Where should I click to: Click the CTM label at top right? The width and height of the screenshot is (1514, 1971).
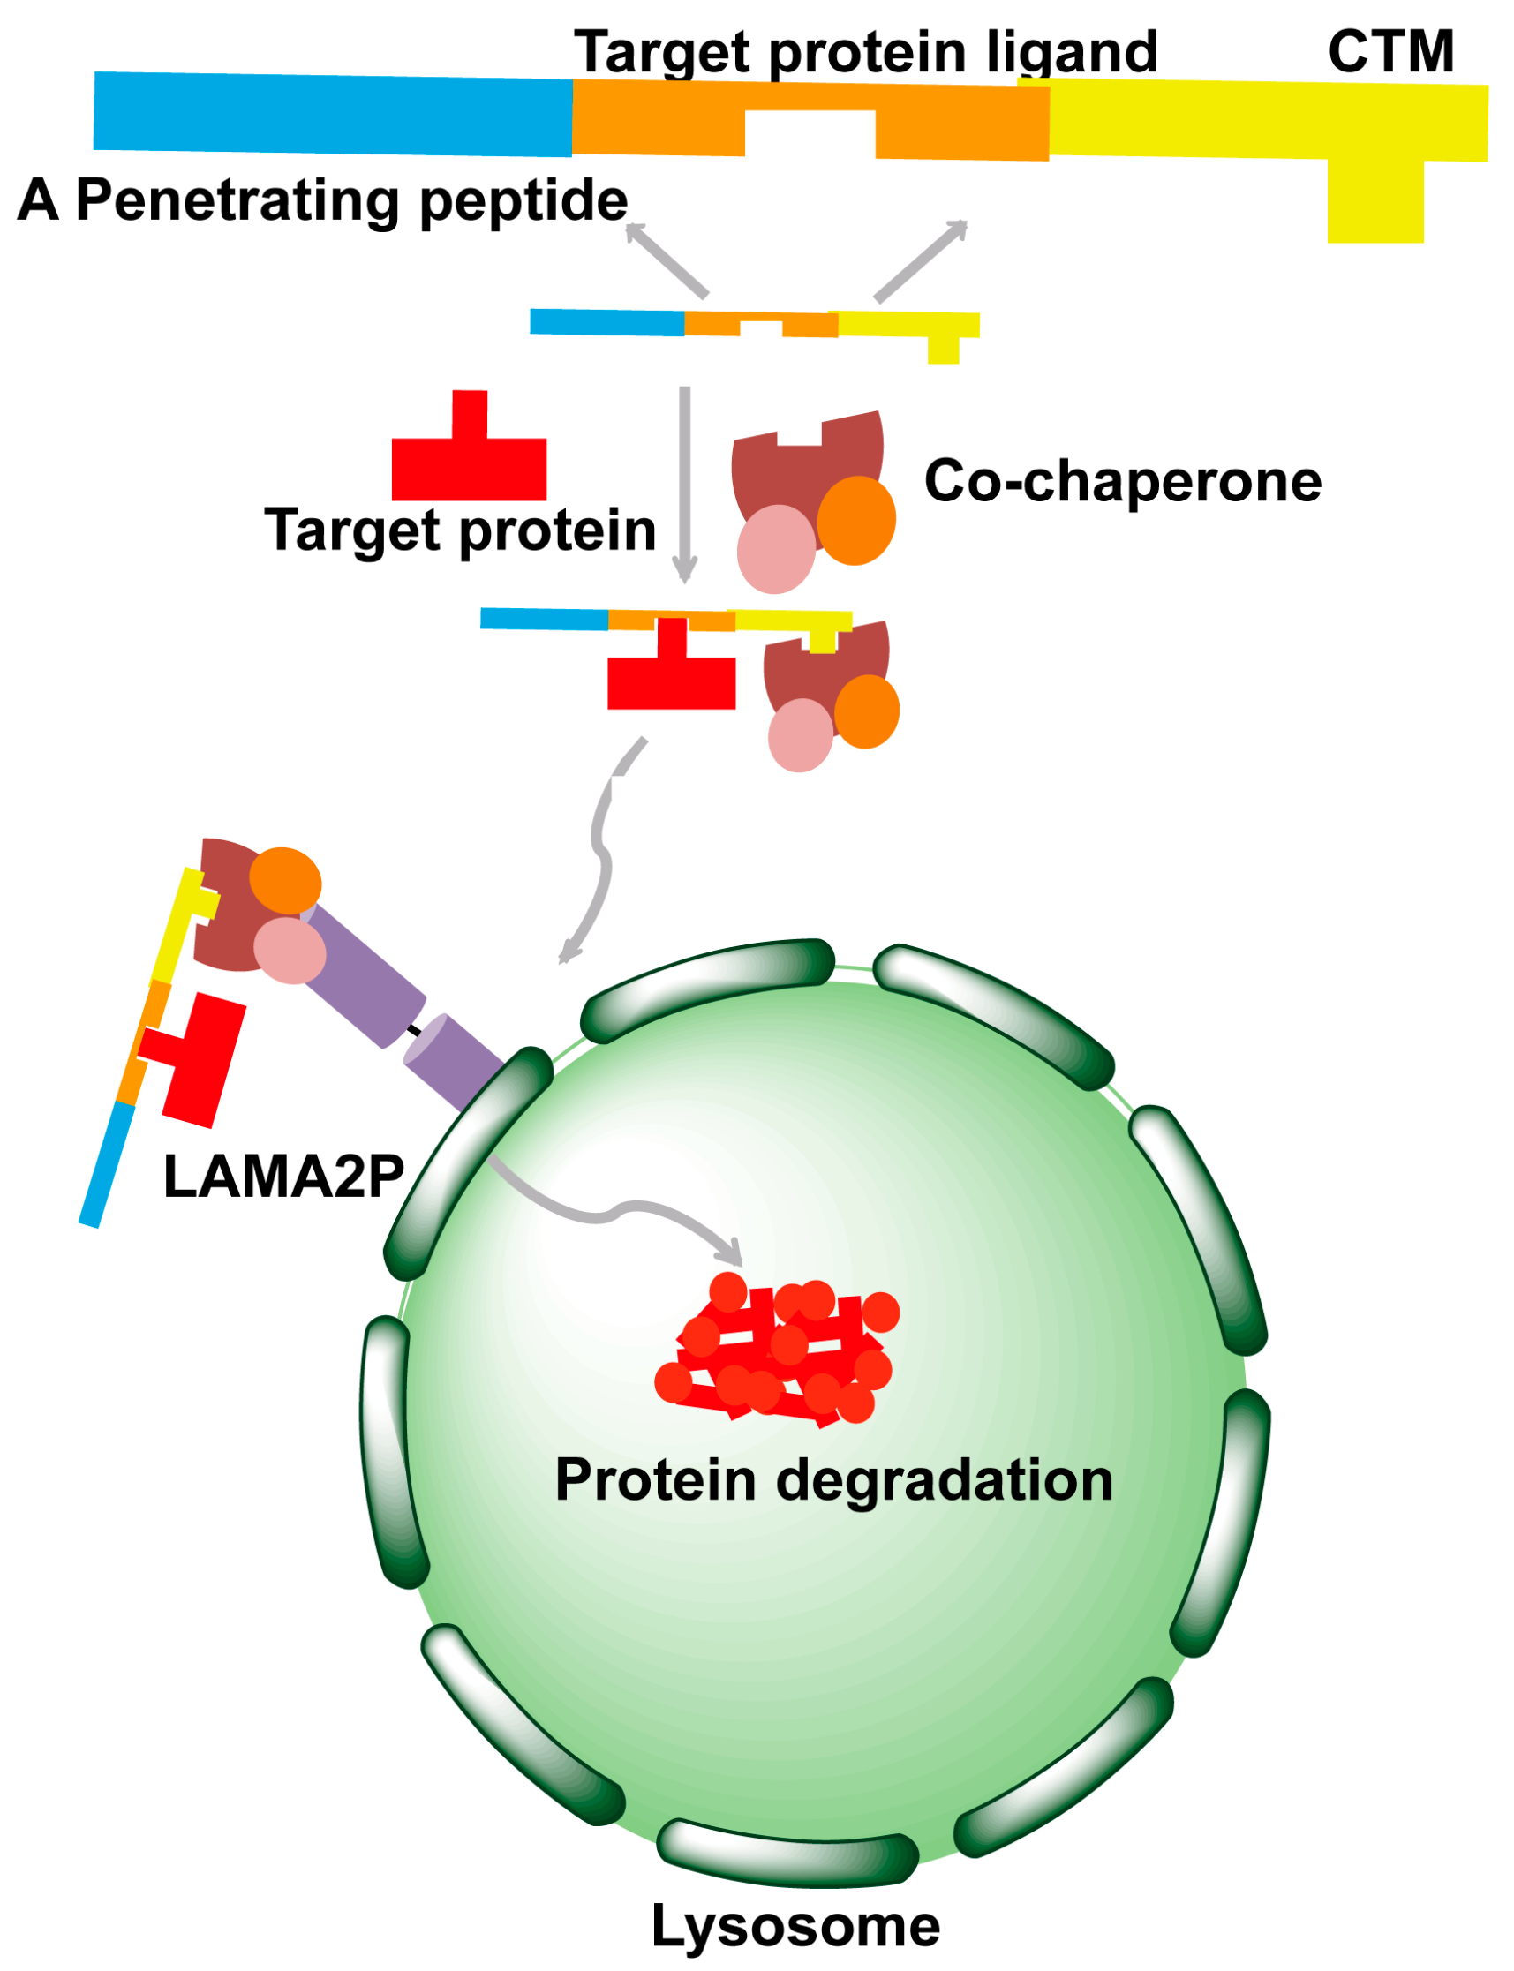point(1390,51)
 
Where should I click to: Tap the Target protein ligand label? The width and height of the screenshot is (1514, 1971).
point(865,51)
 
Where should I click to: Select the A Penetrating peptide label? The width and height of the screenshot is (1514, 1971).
point(322,199)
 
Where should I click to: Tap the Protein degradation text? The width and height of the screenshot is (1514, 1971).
point(833,1479)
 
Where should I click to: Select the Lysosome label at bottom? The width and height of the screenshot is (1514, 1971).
point(795,1926)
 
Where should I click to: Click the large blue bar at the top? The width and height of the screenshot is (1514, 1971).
point(334,114)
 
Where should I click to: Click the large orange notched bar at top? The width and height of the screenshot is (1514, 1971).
point(658,117)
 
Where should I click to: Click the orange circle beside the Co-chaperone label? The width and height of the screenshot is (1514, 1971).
point(855,521)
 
